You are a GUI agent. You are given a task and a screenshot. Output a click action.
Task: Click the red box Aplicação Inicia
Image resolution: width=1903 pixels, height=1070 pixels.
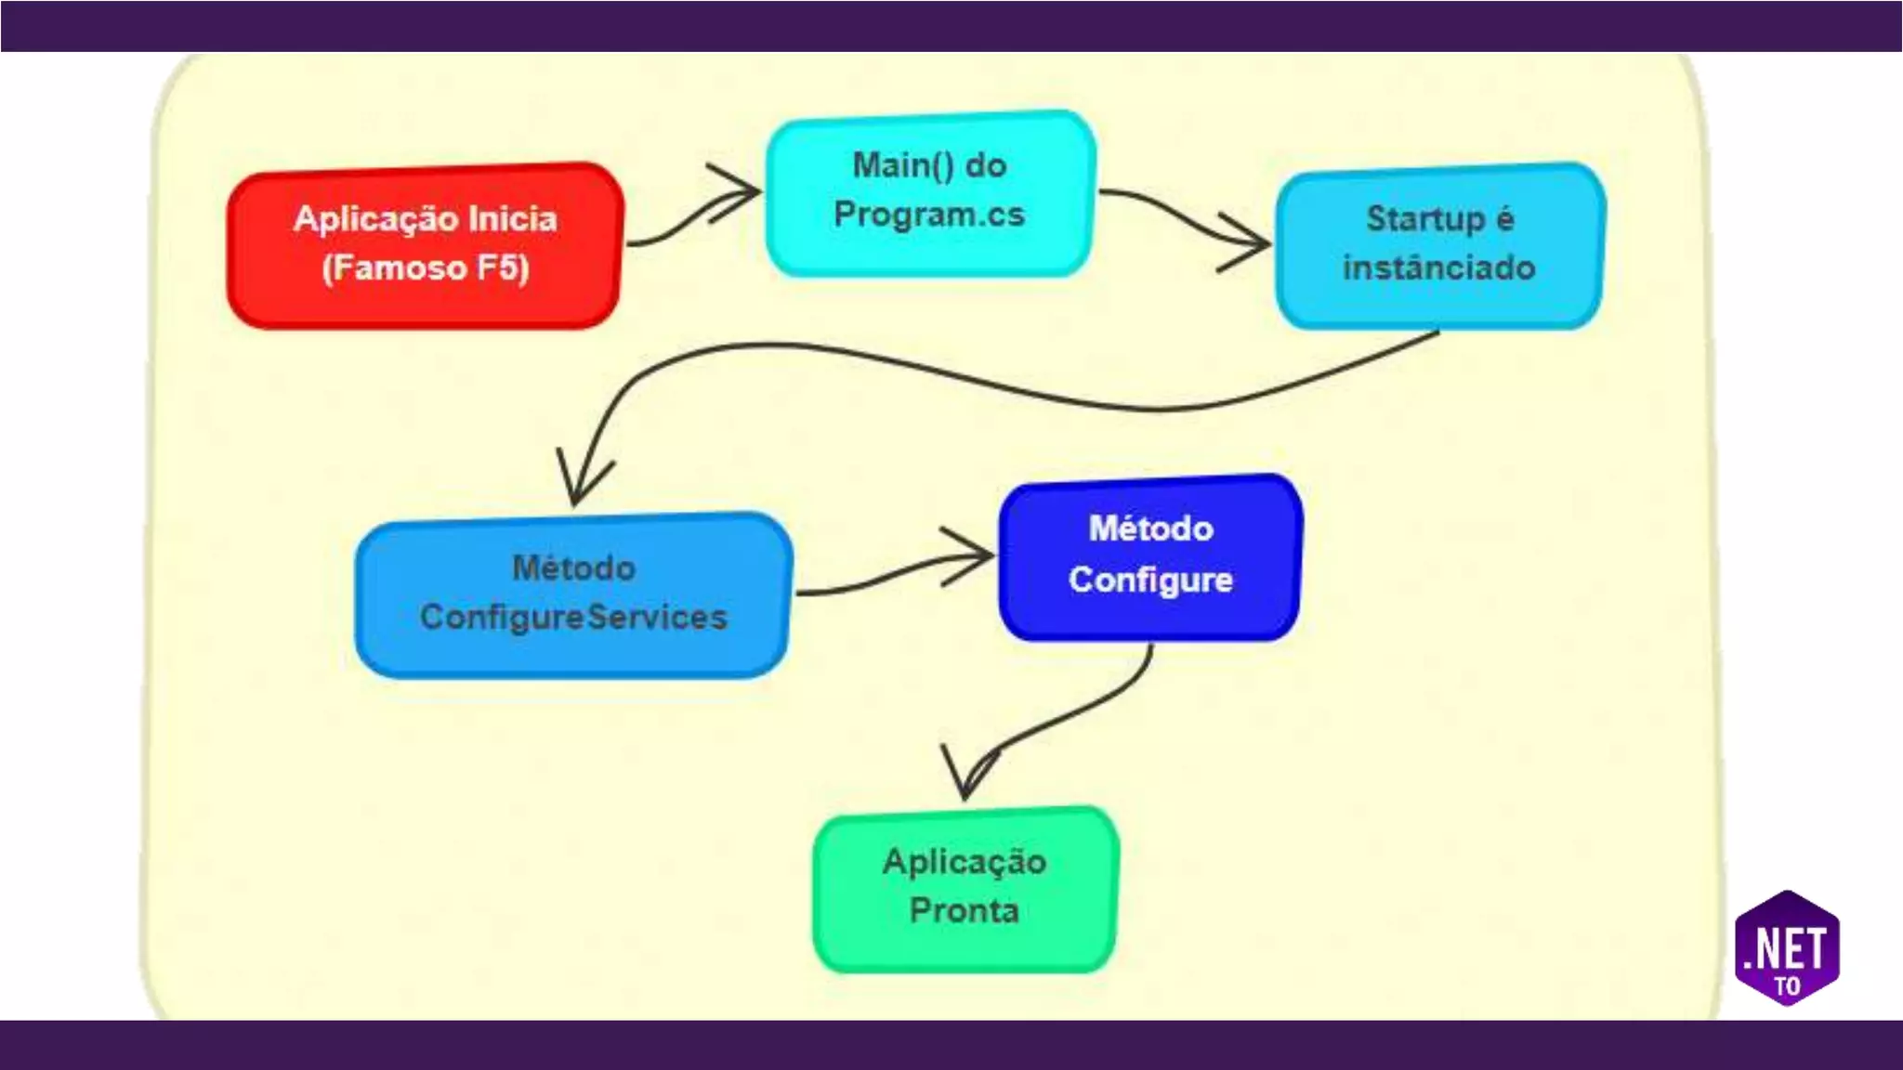click(425, 245)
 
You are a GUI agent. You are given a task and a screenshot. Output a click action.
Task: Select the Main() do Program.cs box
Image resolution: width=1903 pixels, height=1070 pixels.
click(929, 192)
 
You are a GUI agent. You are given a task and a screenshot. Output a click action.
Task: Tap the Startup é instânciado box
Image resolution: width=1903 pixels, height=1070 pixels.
click(1438, 245)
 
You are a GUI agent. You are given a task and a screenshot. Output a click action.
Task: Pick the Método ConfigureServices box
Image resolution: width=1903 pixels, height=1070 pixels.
click(573, 594)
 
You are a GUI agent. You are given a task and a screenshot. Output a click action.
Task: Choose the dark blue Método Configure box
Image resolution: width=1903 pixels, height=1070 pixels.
click(1150, 556)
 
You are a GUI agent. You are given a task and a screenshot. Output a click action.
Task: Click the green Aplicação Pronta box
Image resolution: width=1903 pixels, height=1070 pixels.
click(965, 888)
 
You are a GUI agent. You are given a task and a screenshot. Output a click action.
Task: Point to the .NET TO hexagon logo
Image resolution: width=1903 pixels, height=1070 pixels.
click(1787, 948)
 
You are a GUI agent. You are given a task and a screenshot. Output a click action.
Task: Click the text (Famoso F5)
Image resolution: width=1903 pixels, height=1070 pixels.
click(426, 268)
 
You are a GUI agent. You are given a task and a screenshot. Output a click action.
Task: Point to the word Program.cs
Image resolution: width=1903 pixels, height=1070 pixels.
click(929, 215)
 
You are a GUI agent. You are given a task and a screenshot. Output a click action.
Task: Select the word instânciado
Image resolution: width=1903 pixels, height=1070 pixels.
click(1438, 268)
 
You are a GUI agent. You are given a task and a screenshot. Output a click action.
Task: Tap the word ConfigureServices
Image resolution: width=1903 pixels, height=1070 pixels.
click(573, 618)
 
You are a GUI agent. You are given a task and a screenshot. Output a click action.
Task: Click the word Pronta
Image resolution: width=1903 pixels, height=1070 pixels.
click(965, 911)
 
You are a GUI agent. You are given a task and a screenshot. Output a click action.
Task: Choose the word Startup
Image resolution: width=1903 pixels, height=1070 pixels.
click(1425, 219)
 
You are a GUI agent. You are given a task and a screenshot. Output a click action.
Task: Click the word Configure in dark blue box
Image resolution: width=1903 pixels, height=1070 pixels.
click(1150, 580)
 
